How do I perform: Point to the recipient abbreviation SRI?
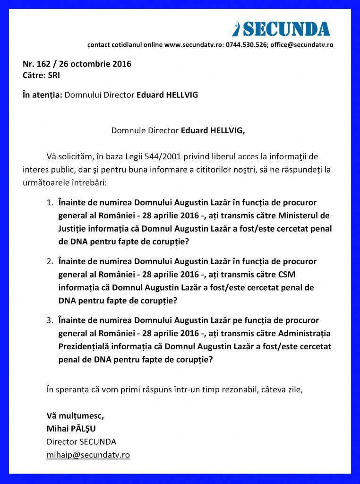tap(54, 75)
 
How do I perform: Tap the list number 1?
tap(49, 202)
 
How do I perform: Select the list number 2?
tap(49, 261)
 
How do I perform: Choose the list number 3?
tap(49, 320)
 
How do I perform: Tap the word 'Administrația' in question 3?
tap(305, 333)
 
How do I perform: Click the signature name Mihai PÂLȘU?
tap(73, 429)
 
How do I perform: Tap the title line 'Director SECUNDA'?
tap(81, 442)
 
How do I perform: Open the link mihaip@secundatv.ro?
tap(88, 455)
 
